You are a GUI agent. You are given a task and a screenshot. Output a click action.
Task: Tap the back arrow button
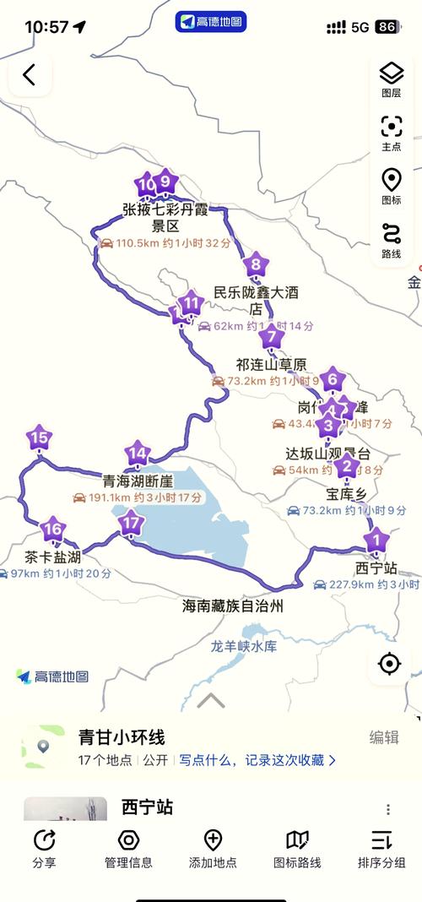[30, 75]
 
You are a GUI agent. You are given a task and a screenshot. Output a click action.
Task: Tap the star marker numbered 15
[39, 438]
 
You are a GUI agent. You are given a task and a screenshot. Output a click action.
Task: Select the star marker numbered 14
[138, 454]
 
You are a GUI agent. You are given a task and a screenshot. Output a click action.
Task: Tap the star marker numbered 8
[256, 266]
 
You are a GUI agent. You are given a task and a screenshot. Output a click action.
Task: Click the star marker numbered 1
[376, 539]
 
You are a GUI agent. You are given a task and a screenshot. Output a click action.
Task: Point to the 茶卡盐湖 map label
[52, 557]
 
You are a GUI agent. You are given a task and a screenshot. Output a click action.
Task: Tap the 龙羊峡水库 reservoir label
[244, 647]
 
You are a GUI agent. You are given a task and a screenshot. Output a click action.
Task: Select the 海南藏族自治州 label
[233, 606]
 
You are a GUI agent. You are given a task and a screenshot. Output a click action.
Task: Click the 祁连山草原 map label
[271, 365]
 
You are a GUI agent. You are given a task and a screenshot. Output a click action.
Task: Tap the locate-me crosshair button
[389, 664]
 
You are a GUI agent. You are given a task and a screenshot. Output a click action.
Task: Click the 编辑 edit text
[384, 737]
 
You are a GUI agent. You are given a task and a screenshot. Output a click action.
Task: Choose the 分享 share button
[44, 847]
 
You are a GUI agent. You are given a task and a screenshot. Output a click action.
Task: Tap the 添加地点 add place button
[213, 847]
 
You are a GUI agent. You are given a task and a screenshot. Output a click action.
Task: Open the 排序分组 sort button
[381, 847]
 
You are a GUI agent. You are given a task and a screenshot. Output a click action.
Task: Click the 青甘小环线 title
[122, 736]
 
